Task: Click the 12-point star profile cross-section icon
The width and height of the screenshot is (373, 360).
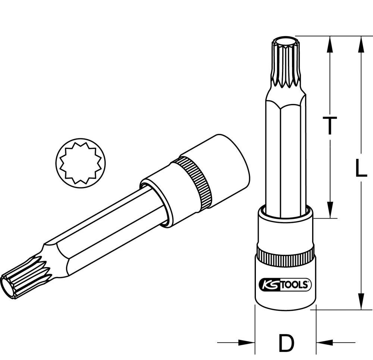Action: tap(81, 161)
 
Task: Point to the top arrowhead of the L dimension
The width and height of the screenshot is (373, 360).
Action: tap(361, 43)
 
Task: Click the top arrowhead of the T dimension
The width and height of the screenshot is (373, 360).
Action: tap(329, 43)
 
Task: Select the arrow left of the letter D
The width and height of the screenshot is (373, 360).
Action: tap(244, 342)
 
